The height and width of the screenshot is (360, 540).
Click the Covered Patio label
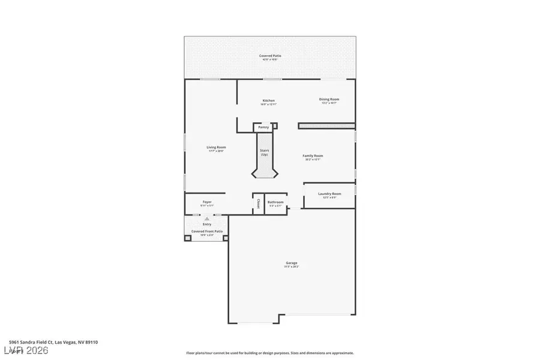pos(269,56)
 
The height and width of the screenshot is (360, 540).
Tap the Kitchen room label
pos(268,100)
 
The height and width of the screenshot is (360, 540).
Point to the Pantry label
pos(263,127)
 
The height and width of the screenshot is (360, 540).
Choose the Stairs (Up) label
pos(264,152)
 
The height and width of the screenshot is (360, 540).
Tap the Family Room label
pos(313,155)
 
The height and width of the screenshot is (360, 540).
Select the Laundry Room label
pos(329,194)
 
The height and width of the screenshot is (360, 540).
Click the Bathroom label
pos(275,202)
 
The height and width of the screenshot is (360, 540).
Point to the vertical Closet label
pos(259,203)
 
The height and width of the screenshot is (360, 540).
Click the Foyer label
pos(206,202)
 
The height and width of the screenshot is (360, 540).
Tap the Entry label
pos(206,224)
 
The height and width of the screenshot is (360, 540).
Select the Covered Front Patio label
pos(206,231)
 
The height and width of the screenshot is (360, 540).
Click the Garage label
pos(292,263)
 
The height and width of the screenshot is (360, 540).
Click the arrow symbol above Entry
pos(207,218)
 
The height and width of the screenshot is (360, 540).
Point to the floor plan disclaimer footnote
pos(270,353)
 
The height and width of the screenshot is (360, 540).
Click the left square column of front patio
pos(187,238)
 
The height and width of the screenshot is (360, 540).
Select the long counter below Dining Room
pos(326,126)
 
